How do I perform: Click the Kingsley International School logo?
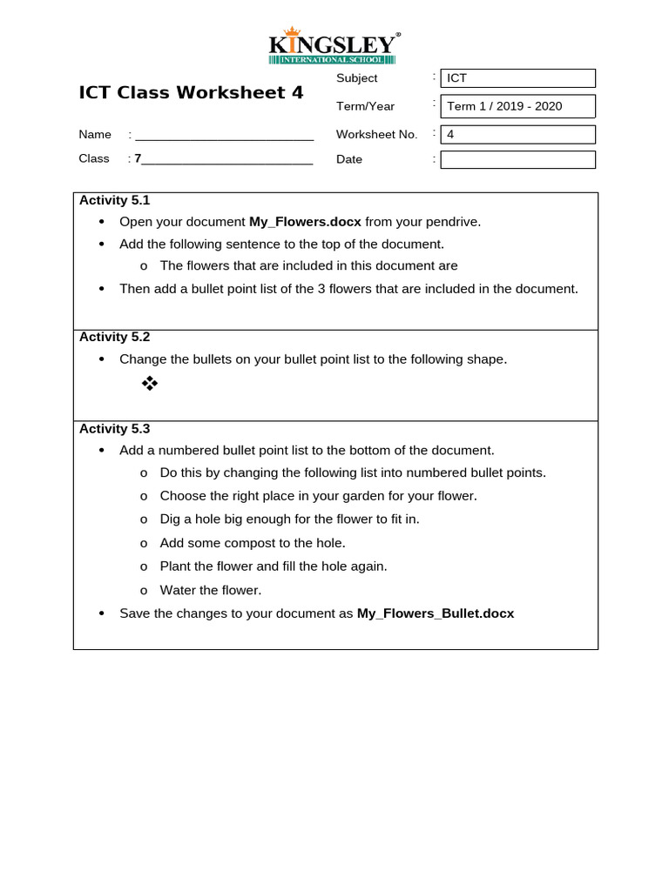(334, 48)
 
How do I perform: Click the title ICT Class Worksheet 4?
(191, 92)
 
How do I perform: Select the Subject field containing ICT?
(517, 78)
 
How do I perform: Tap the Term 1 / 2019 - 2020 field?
(517, 106)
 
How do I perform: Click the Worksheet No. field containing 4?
(517, 134)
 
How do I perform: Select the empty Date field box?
(517, 159)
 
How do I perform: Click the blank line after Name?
(224, 135)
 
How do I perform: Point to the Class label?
(94, 158)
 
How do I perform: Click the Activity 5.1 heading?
(115, 200)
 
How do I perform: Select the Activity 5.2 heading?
(115, 337)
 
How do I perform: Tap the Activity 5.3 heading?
(115, 428)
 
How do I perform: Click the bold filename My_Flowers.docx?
(305, 222)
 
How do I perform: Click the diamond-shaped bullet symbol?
(150, 383)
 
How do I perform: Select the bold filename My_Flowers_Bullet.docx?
(436, 613)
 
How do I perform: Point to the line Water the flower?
(210, 590)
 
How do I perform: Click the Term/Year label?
(365, 106)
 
